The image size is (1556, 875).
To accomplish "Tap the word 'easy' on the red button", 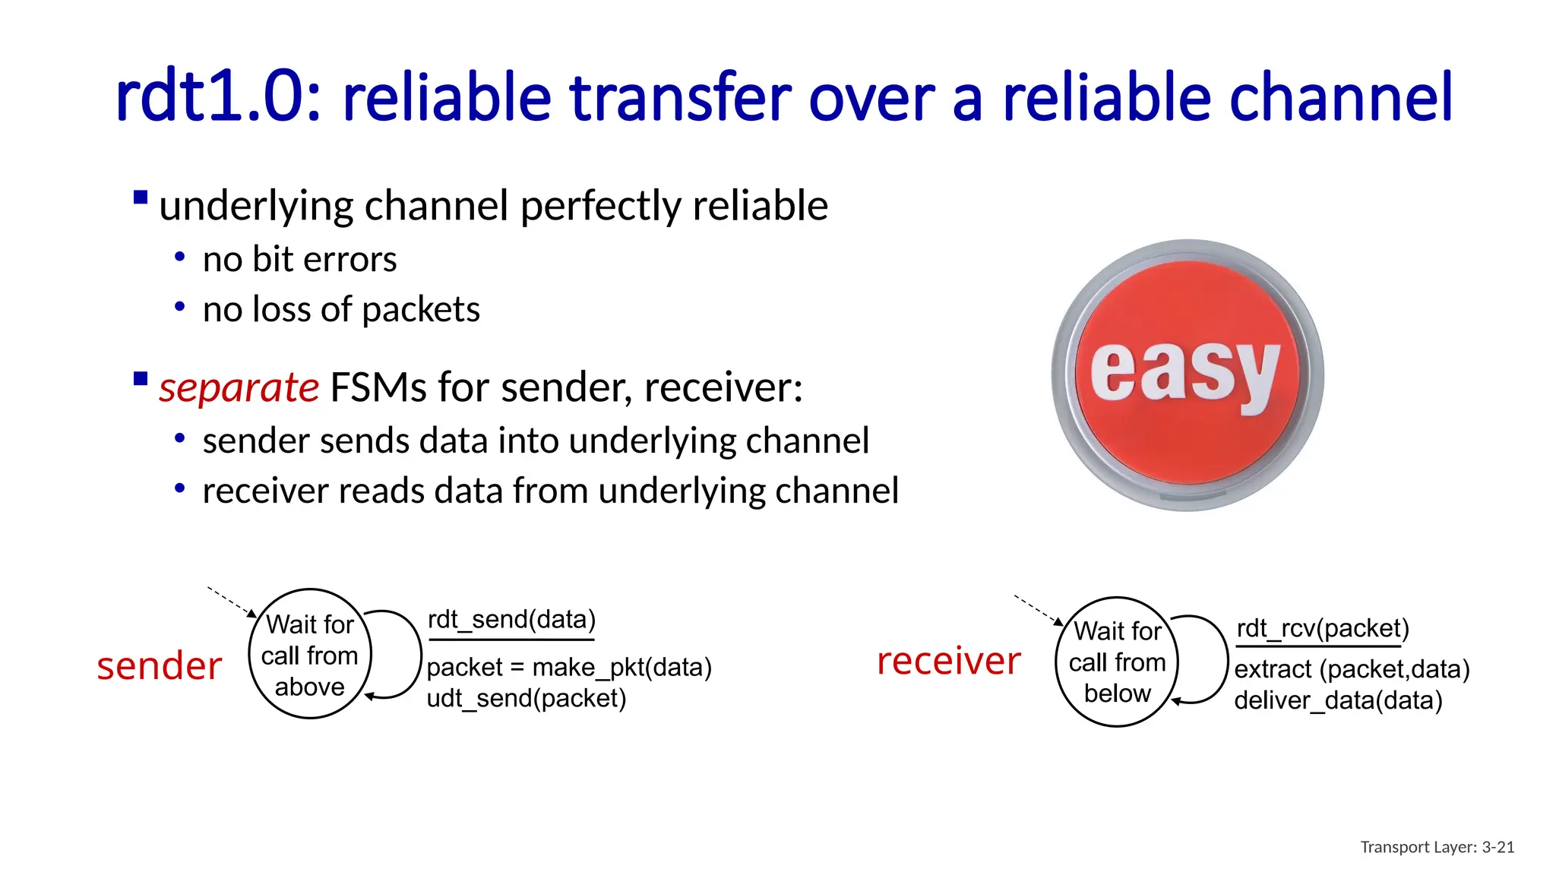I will (x=1185, y=374).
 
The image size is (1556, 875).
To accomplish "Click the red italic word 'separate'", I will (x=239, y=387).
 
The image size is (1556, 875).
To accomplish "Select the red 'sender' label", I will (x=160, y=666).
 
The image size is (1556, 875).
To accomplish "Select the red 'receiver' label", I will (x=948, y=661).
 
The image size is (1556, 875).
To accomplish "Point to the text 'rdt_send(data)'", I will (x=511, y=620).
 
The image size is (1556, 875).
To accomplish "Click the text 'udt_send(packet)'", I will (x=526, y=698).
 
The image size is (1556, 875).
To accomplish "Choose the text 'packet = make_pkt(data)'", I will (x=568, y=667).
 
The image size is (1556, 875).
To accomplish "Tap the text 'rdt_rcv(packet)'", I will (x=1322, y=629).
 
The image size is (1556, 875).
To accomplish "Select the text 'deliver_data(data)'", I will (x=1337, y=700).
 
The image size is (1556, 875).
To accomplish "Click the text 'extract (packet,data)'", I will (x=1352, y=669).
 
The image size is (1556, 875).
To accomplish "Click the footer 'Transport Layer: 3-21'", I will (x=1437, y=847).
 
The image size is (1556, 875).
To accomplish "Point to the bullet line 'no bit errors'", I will (x=299, y=260).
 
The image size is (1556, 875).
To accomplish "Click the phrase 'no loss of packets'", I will (x=341, y=310).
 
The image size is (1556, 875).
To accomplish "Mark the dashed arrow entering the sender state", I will (x=232, y=602).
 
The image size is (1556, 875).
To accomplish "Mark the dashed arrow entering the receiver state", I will (x=1038, y=610).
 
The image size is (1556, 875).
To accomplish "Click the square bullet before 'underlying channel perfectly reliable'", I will (x=141, y=198).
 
